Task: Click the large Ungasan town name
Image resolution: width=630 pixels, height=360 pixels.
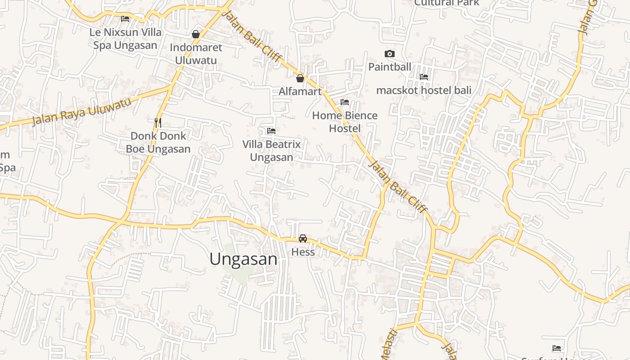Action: click(243, 259)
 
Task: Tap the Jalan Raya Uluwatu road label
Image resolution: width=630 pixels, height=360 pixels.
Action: click(82, 111)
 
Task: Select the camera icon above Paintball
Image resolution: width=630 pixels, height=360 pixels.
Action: click(390, 54)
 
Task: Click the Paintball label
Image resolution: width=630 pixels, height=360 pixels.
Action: click(390, 67)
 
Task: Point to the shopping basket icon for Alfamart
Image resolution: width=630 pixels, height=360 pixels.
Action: click(300, 78)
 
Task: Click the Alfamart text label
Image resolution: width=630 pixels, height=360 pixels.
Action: click(300, 91)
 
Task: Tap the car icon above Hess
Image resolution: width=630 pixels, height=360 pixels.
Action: click(303, 238)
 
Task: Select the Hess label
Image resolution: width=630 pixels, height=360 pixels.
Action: click(303, 252)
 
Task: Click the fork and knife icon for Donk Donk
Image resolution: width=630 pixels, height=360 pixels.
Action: click(158, 122)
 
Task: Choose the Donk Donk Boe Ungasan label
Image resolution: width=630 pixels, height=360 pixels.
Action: click(158, 142)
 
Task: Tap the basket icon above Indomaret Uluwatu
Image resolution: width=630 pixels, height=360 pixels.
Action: click(196, 34)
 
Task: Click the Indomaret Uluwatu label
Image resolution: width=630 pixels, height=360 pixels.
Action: click(196, 54)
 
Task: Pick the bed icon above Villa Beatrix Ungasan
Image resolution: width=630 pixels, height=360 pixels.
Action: click(271, 131)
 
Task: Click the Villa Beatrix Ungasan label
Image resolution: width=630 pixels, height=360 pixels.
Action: click(271, 151)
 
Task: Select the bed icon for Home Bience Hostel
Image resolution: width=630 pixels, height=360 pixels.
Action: click(345, 102)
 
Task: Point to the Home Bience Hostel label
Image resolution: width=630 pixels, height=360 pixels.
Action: click(345, 122)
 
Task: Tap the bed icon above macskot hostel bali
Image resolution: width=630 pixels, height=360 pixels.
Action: click(424, 77)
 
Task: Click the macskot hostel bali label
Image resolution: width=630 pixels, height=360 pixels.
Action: click(424, 90)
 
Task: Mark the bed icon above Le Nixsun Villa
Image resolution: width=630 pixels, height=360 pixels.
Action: click(125, 19)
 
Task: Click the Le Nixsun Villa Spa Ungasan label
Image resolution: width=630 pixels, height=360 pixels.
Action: click(125, 39)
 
